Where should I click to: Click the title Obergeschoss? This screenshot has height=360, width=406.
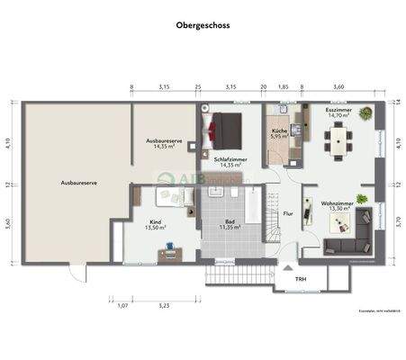[203, 26]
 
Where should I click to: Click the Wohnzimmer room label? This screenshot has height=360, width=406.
[337, 204]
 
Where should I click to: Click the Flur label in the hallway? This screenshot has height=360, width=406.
[288, 214]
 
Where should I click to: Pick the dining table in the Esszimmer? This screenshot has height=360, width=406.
[338, 140]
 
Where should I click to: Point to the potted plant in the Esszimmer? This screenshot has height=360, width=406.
[365, 114]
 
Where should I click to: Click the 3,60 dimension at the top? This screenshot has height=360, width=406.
[338, 87]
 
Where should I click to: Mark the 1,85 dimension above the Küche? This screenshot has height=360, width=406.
[283, 87]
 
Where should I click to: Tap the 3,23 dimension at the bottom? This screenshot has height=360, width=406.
[163, 306]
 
